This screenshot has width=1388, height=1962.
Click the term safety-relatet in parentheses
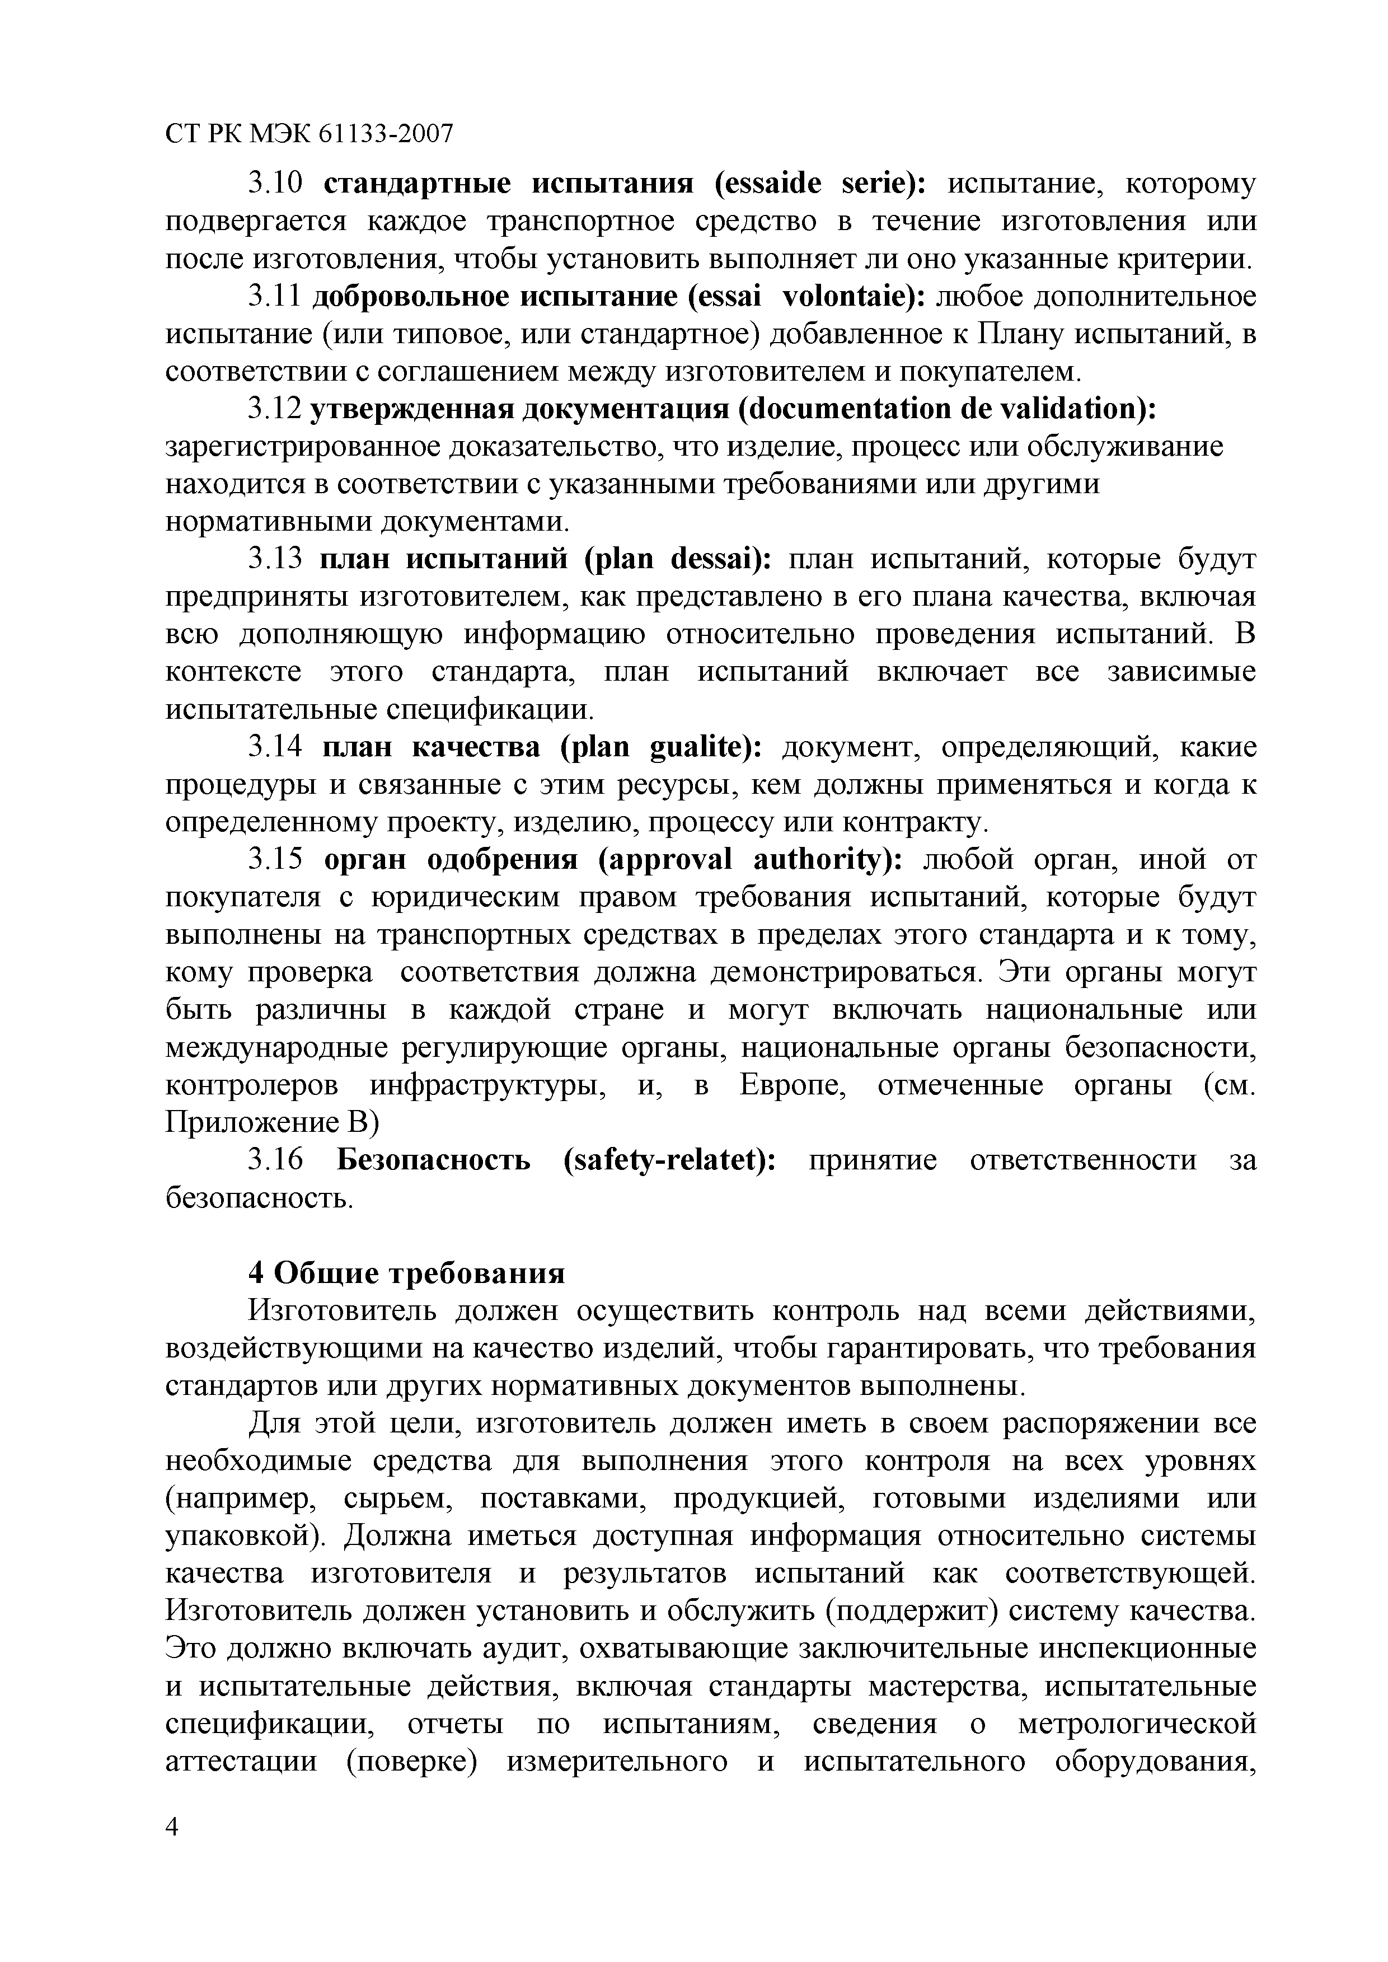668,1161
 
